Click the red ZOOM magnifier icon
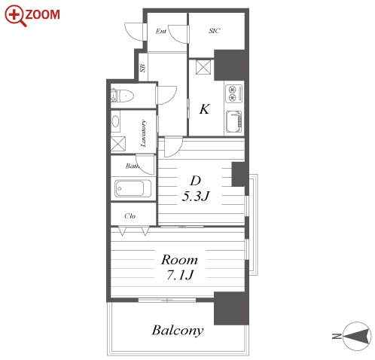[x=15, y=15]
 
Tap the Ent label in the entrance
[x=161, y=31]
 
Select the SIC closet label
[x=215, y=31]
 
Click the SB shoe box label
[x=142, y=68]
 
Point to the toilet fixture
[x=123, y=96]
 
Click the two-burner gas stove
[x=234, y=93]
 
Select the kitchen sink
[x=234, y=121]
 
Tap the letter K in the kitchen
[x=205, y=109]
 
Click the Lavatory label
[x=143, y=133]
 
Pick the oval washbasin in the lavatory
[x=115, y=121]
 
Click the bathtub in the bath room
[x=133, y=188]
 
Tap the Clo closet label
[x=130, y=216]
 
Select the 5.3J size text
[x=196, y=196]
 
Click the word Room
[x=179, y=260]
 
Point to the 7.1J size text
[x=180, y=275]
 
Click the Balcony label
[x=178, y=331]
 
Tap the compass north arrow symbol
[x=356, y=336]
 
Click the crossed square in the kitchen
[x=203, y=67]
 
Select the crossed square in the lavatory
[x=118, y=144]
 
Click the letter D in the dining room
[x=196, y=181]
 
